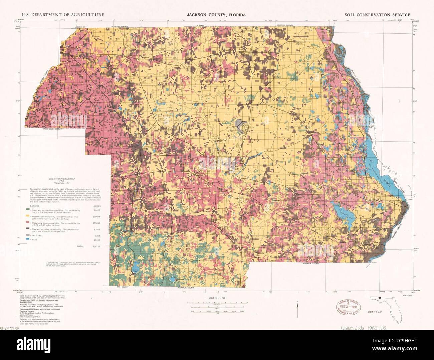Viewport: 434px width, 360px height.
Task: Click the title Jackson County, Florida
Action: click(x=216, y=15)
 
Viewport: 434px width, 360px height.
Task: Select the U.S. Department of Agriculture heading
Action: click(x=63, y=15)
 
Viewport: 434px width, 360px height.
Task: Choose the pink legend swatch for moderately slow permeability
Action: click(x=27, y=222)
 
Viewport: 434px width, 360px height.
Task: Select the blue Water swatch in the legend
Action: click(x=27, y=240)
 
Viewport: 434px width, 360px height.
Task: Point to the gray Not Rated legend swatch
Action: click(x=27, y=236)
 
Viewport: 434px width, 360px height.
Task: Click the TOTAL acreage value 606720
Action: click(x=95, y=246)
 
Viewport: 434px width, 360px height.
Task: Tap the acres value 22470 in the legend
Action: click(x=96, y=210)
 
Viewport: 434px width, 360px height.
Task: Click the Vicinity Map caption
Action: click(x=375, y=311)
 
